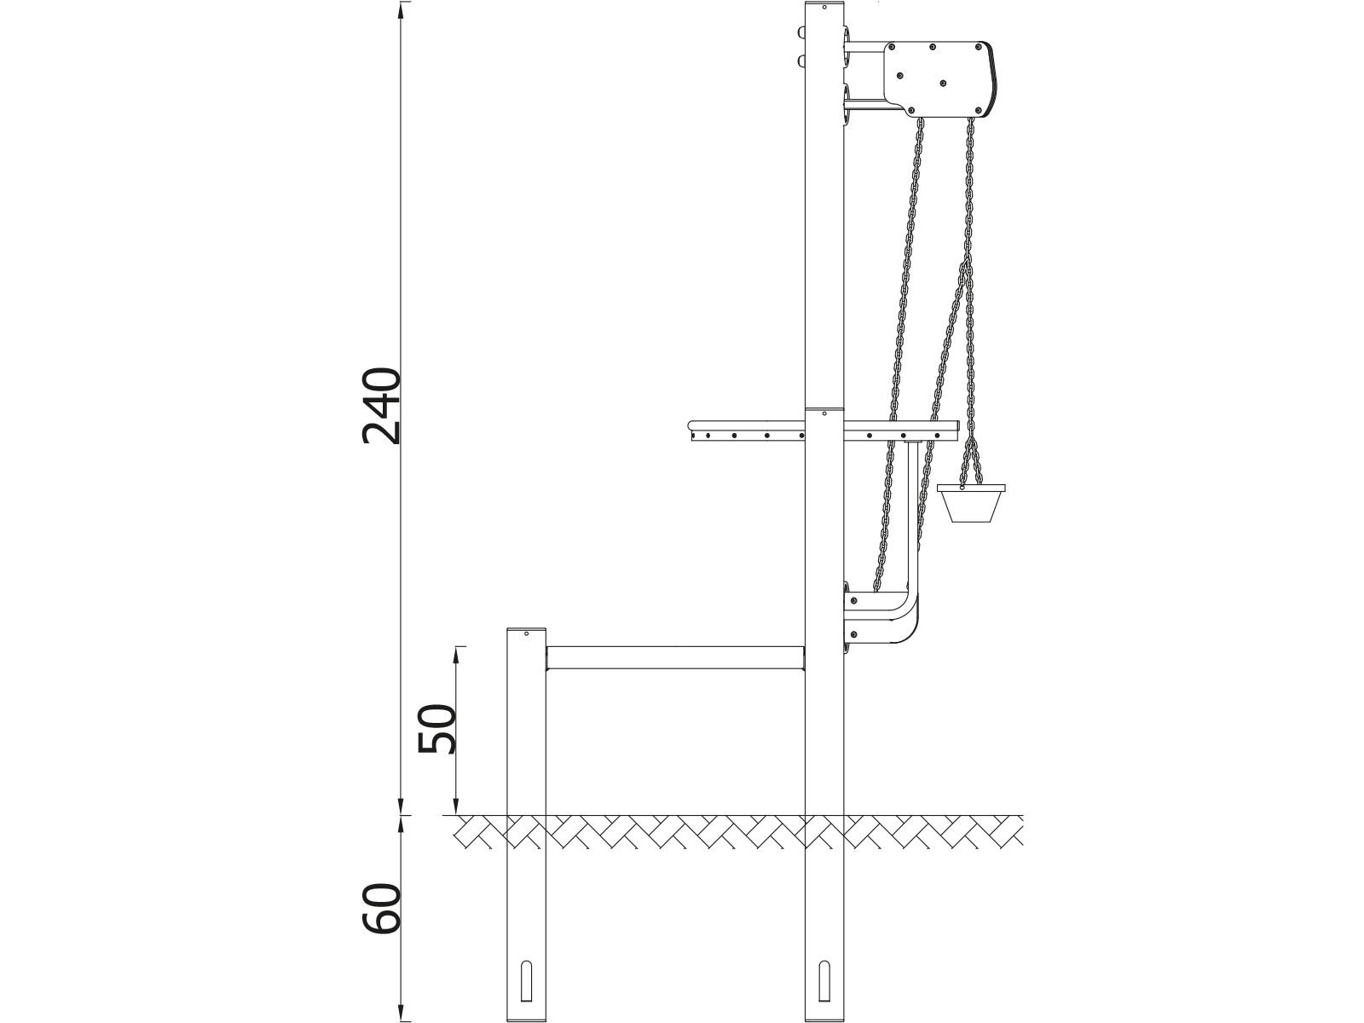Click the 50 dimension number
(437, 728)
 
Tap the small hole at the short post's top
(527, 633)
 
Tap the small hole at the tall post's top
(824, 8)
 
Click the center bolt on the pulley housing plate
(943, 83)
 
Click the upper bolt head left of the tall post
(801, 32)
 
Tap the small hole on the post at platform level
(824, 413)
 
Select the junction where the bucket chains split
(969, 441)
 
